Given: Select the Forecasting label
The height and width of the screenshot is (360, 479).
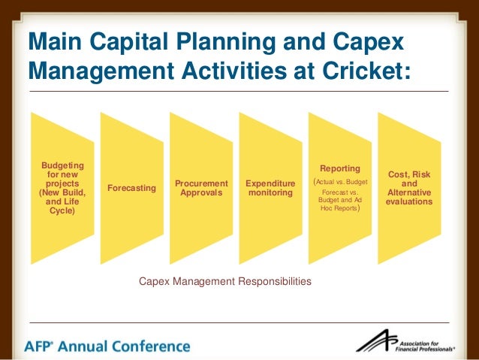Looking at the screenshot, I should point(132,187).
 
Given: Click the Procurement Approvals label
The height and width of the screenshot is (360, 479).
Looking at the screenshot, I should point(201,187).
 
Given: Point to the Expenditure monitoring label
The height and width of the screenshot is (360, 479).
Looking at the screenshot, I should point(270,187).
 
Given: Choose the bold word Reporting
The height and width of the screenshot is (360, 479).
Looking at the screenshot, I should point(340,168).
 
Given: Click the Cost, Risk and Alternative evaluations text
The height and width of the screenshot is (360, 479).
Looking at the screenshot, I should point(409,187).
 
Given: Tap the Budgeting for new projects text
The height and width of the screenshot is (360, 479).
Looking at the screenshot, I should point(63,187).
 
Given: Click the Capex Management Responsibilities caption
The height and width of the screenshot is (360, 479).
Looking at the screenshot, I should point(225,281).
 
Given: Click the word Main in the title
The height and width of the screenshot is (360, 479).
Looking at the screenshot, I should point(55,42).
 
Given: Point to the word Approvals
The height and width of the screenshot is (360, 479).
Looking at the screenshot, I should point(201,192).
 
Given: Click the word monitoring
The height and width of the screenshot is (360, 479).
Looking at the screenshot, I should point(270,192).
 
